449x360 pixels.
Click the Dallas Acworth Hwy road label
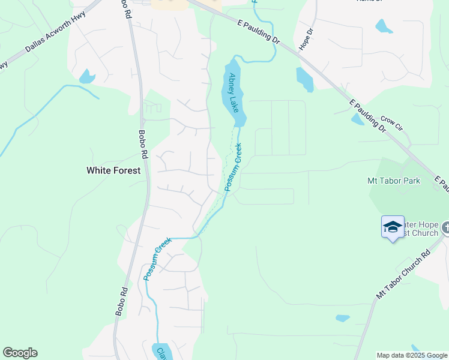(x=56, y=39)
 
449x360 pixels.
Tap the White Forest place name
(x=113, y=170)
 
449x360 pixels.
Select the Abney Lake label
(x=234, y=93)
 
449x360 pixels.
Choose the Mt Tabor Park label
(x=394, y=181)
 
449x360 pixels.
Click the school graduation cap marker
(x=393, y=227)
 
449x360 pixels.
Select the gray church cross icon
(x=446, y=227)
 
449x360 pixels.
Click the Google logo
(x=20, y=353)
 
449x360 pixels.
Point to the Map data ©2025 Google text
(x=412, y=355)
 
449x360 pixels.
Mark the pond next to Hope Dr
(x=304, y=79)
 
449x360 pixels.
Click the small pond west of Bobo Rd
(x=87, y=77)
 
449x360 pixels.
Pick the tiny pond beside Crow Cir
(x=358, y=119)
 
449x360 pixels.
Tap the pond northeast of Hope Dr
(x=384, y=26)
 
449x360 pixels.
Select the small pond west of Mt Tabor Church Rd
(x=343, y=318)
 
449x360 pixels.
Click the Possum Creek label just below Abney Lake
(x=234, y=167)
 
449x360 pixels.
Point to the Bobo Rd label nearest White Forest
(x=143, y=145)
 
